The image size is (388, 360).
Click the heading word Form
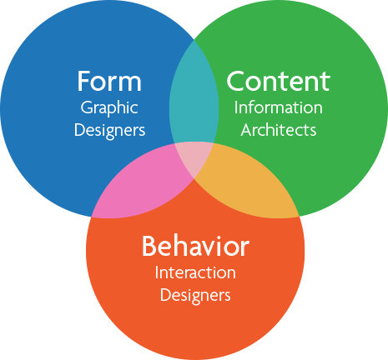[109, 81]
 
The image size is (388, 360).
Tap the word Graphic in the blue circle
[109, 108]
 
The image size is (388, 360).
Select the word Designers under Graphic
[109, 130]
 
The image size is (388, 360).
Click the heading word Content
[279, 81]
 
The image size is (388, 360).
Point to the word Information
[279, 107]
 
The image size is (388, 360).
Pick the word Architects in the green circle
[279, 130]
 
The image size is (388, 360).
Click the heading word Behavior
[195, 246]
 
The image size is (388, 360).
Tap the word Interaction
[195, 272]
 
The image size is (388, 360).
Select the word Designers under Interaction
[195, 295]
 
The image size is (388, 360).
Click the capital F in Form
[83, 81]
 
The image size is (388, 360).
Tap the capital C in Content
[236, 81]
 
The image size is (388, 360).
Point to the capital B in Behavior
[149, 246]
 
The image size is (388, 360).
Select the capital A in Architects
[247, 130]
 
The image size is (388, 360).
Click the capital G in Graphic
[87, 107]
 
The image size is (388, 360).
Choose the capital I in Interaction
[157, 272]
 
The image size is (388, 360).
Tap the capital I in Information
[236, 107]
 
